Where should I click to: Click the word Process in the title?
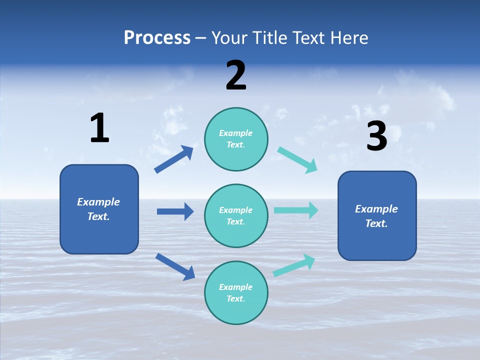pyautogui.click(x=157, y=37)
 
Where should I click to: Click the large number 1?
pyautogui.click(x=99, y=128)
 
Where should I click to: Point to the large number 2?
pyautogui.click(x=236, y=75)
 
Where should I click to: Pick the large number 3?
pyautogui.click(x=376, y=136)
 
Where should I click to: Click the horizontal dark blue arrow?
pyautogui.click(x=175, y=211)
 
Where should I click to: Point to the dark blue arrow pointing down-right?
pyautogui.click(x=175, y=266)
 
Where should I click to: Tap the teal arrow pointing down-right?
pyautogui.click(x=297, y=160)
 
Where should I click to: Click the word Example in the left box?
pyautogui.click(x=98, y=202)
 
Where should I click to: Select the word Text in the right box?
pyautogui.click(x=376, y=223)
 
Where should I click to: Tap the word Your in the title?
pyautogui.click(x=227, y=37)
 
